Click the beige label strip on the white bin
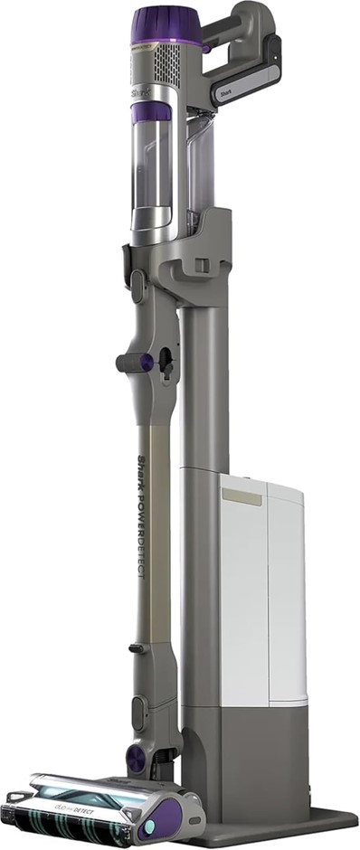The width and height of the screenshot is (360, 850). pyautogui.click(x=242, y=496)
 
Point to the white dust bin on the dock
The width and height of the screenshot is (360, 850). pyautogui.click(x=262, y=597)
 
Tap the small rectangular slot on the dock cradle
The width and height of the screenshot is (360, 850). pyautogui.click(x=204, y=265)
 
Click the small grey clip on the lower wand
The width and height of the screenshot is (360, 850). pyautogui.click(x=136, y=648)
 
